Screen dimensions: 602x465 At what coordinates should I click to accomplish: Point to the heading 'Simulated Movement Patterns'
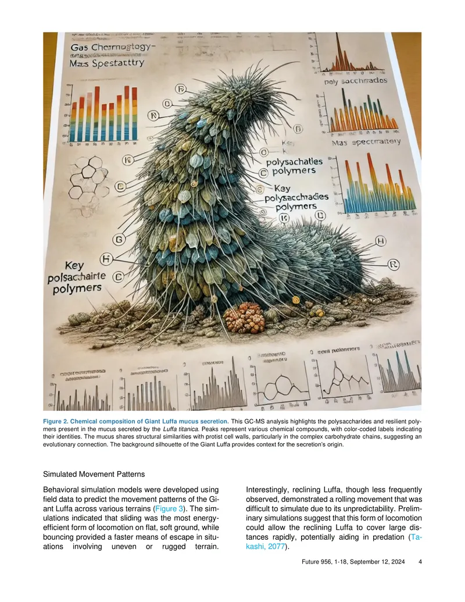(x=94, y=475)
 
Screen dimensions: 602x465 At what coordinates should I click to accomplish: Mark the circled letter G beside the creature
(x=119, y=240)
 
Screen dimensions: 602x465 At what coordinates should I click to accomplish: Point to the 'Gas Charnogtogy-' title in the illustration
(x=113, y=46)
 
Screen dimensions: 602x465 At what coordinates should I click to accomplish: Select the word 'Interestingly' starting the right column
(x=272, y=491)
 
